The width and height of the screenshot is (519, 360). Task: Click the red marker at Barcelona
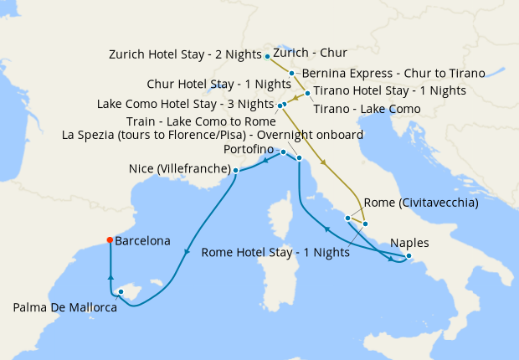(x=110, y=240)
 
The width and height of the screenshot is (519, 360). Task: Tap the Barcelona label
(x=142, y=240)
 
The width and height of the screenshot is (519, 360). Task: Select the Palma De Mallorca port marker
(x=121, y=291)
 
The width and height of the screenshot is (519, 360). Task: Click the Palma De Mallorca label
(x=64, y=307)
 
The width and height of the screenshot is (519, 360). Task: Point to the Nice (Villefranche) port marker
(x=235, y=170)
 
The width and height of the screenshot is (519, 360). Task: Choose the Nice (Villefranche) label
(x=179, y=169)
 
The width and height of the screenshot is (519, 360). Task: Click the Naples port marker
(x=409, y=256)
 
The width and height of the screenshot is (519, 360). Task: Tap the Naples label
(x=409, y=243)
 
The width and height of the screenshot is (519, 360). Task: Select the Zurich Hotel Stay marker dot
(x=267, y=56)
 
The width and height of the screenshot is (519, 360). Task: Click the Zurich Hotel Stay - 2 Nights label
(x=185, y=55)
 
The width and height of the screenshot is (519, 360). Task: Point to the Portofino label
(x=249, y=148)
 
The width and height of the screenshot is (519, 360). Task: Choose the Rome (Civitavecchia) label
(x=421, y=203)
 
